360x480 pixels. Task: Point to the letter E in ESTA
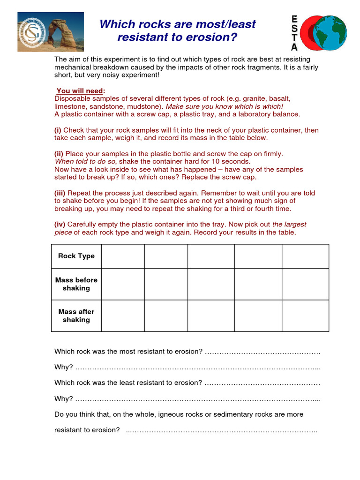click(294, 19)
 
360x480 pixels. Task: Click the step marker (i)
click(58, 130)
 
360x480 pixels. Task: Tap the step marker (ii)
click(59, 154)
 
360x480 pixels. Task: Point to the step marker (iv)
click(60, 224)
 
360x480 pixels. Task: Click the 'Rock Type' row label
click(76, 256)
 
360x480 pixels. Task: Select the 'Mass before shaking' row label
click(76, 284)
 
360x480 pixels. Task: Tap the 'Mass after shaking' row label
click(76, 315)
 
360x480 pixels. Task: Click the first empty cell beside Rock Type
click(123, 256)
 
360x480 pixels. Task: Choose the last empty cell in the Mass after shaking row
click(305, 315)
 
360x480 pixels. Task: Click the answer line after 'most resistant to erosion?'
click(262, 352)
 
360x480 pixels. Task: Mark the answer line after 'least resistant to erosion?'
click(262, 383)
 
